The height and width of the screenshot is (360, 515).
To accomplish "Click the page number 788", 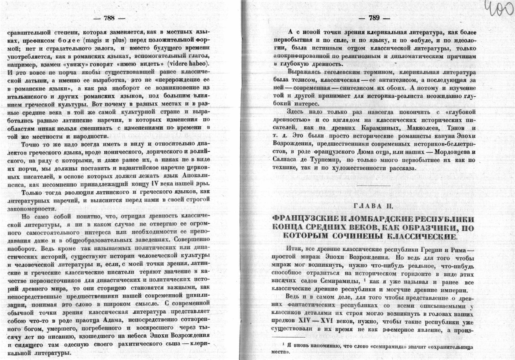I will coord(109,18).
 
